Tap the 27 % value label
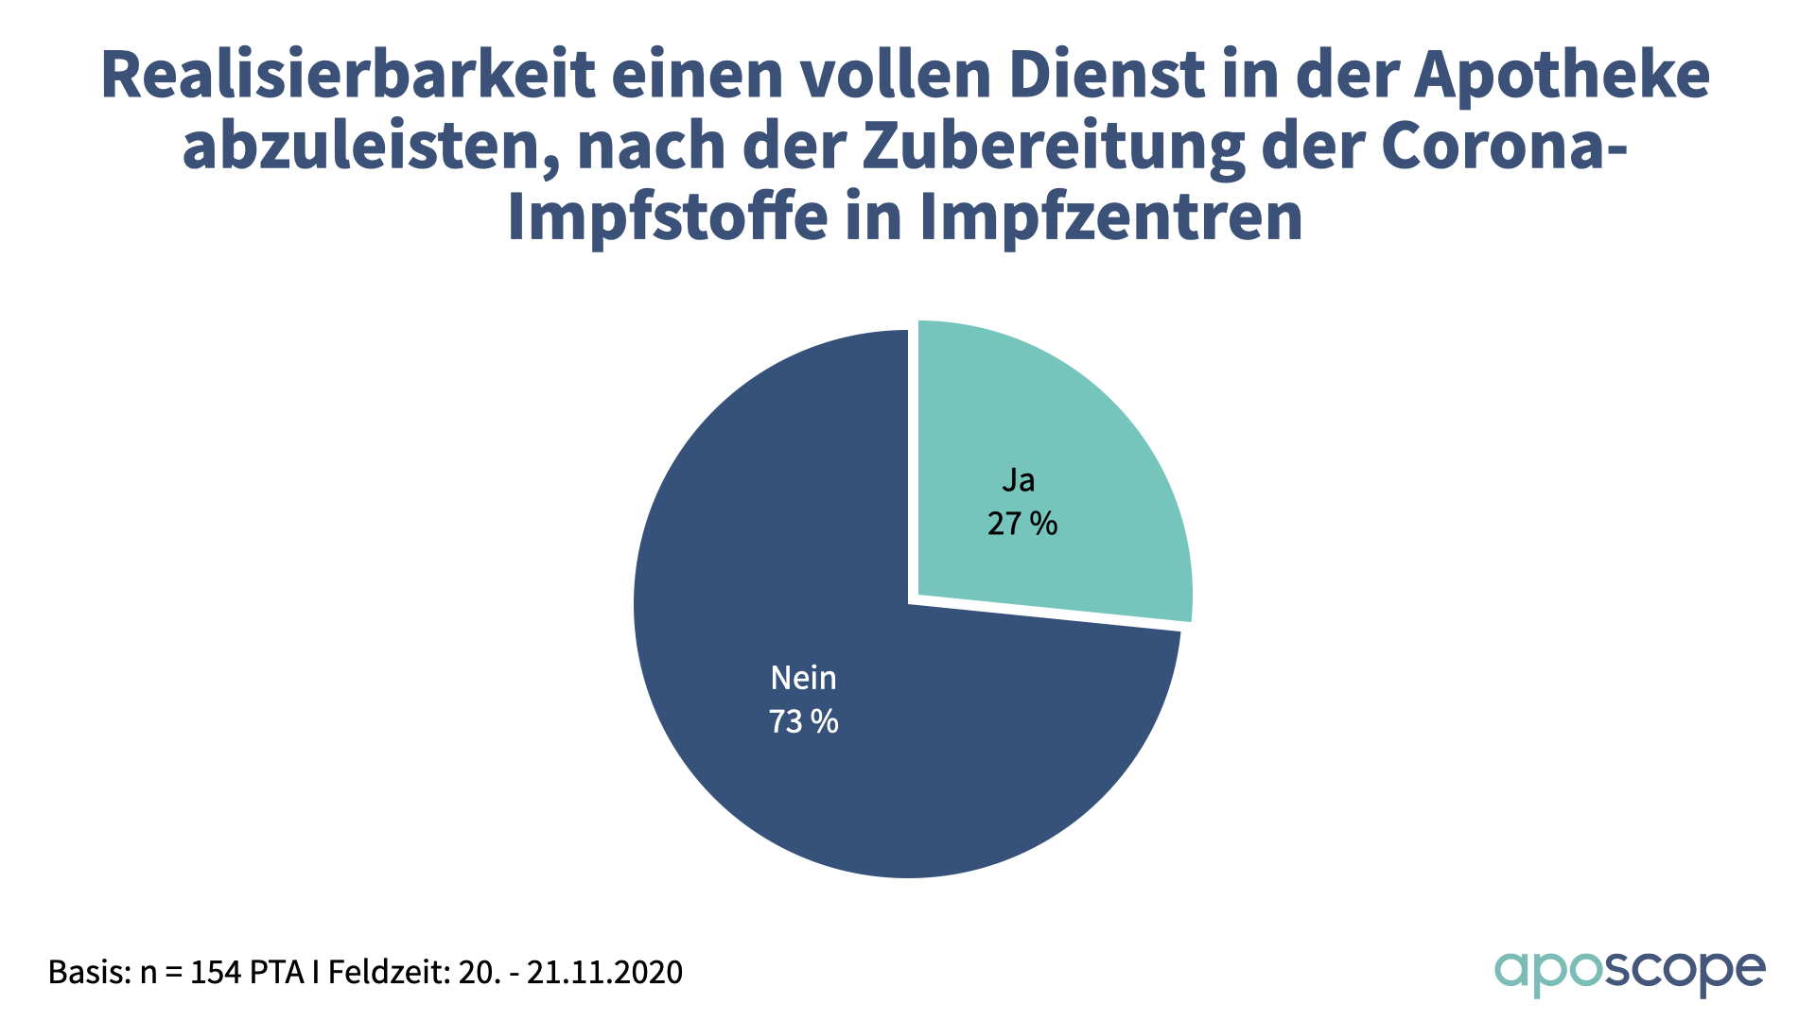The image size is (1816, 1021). pyautogui.click(x=1021, y=524)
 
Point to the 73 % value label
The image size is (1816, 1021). pyautogui.click(x=803, y=722)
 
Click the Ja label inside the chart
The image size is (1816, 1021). pyautogui.click(x=1018, y=480)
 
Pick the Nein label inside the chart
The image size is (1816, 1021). pyautogui.click(x=803, y=678)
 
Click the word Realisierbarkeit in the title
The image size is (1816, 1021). pyautogui.click(x=348, y=76)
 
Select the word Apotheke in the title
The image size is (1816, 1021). pyautogui.click(x=1562, y=76)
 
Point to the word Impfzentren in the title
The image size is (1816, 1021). pyautogui.click(x=1111, y=217)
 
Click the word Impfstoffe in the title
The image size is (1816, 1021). pyautogui.click(x=668, y=217)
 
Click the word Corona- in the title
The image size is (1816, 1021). pyautogui.click(x=1505, y=147)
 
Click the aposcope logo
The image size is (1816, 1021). pyautogui.click(x=1630, y=973)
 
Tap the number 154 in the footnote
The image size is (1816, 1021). pyautogui.click(x=217, y=972)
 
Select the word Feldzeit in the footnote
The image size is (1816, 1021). pyautogui.click(x=388, y=972)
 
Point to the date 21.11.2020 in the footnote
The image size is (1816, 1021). pyautogui.click(x=604, y=972)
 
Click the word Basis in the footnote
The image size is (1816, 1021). pyautogui.click(x=89, y=972)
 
